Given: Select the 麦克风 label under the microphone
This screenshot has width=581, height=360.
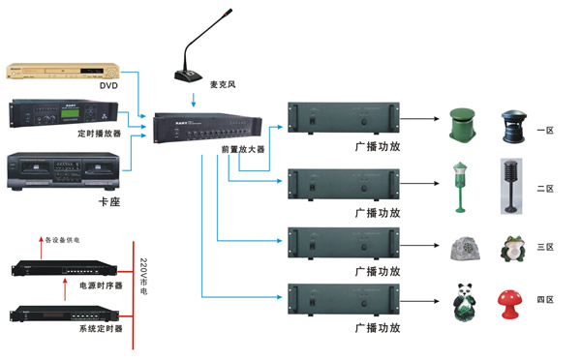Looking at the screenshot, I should tap(223, 85).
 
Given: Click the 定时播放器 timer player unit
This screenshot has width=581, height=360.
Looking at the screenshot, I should tap(63, 115).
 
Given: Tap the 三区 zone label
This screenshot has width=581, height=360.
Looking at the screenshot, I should tap(544, 248).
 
